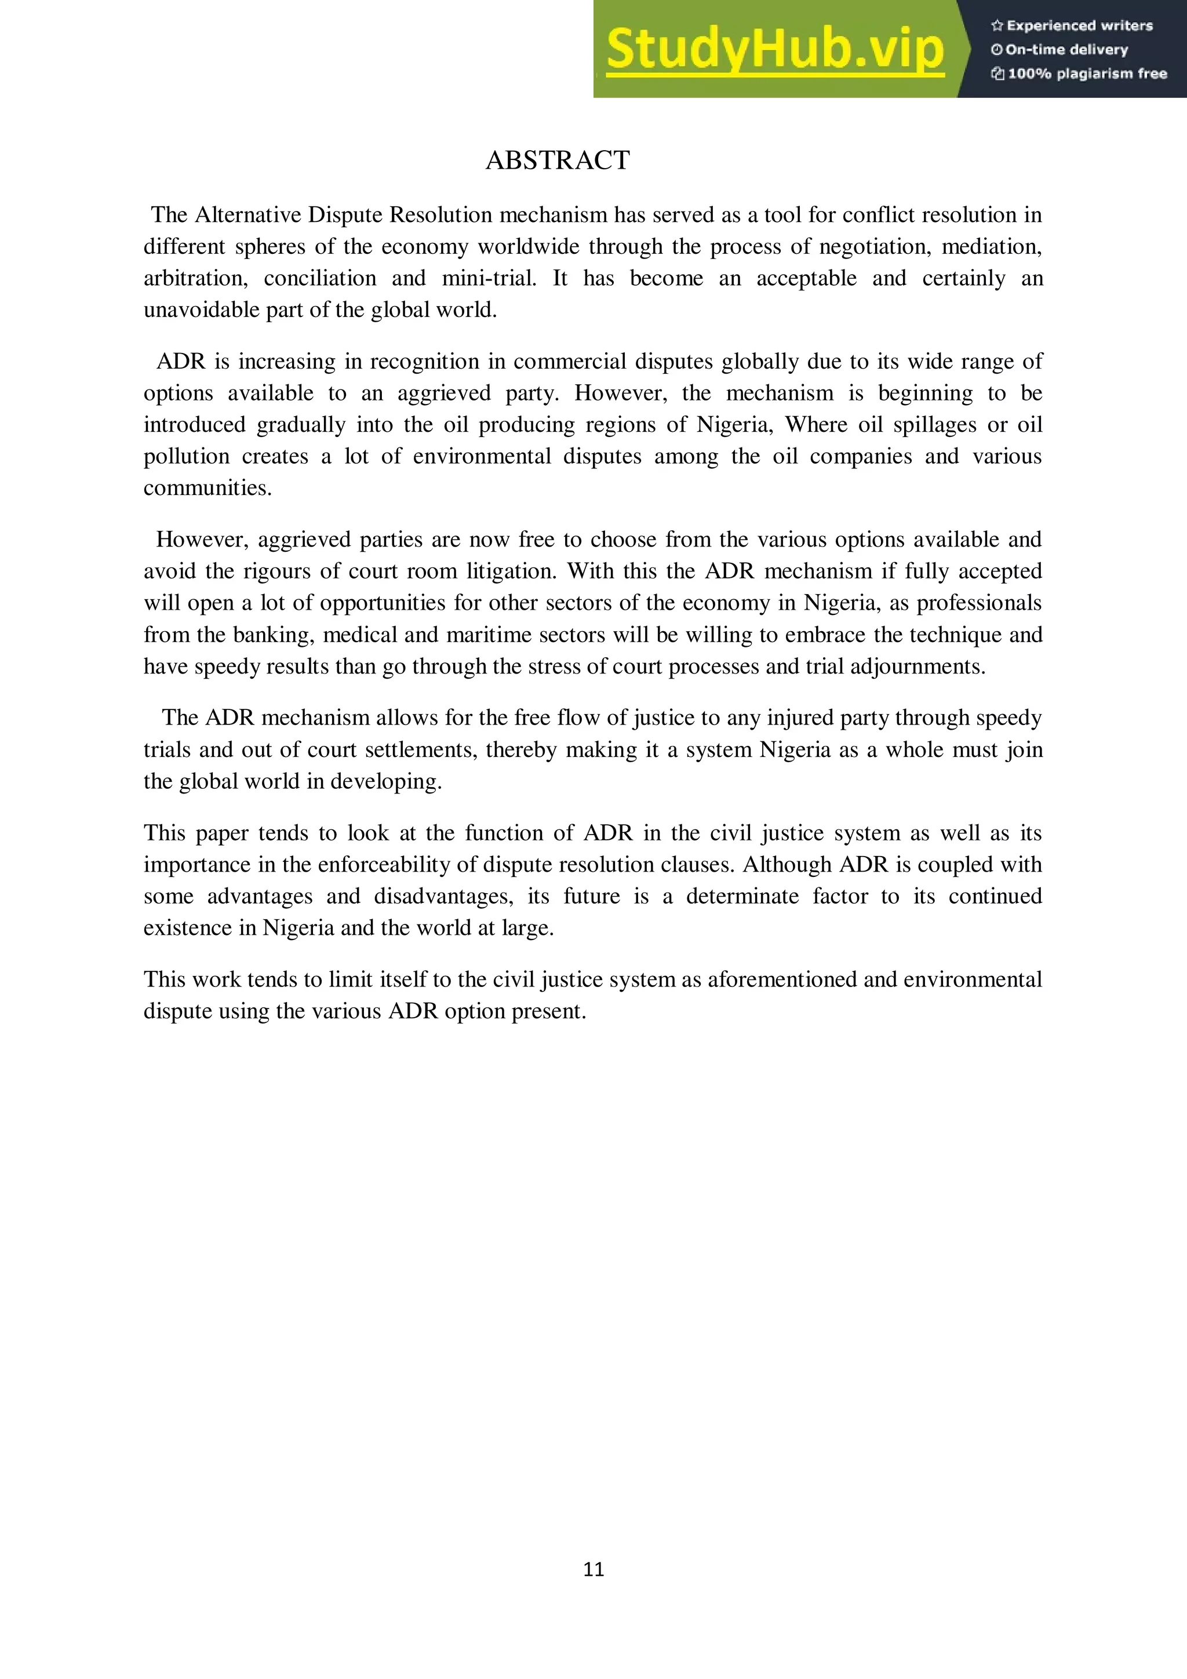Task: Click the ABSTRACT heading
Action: pyautogui.click(x=558, y=160)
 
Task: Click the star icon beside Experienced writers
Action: pyautogui.click(x=996, y=26)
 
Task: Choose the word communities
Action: pyautogui.click(x=207, y=489)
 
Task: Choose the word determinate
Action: pyautogui.click(x=742, y=897)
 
